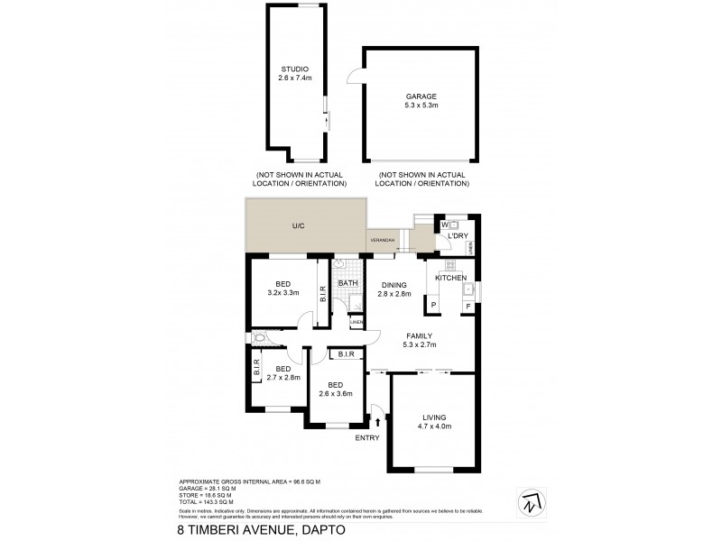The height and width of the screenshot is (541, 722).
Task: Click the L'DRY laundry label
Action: coord(459,237)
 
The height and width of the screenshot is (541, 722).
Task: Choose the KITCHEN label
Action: coord(450,278)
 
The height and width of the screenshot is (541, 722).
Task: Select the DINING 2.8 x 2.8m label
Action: coord(393,289)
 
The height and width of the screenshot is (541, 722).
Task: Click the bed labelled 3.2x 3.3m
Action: coord(282,288)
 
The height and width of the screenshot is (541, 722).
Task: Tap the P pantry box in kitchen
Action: coord(433,306)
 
